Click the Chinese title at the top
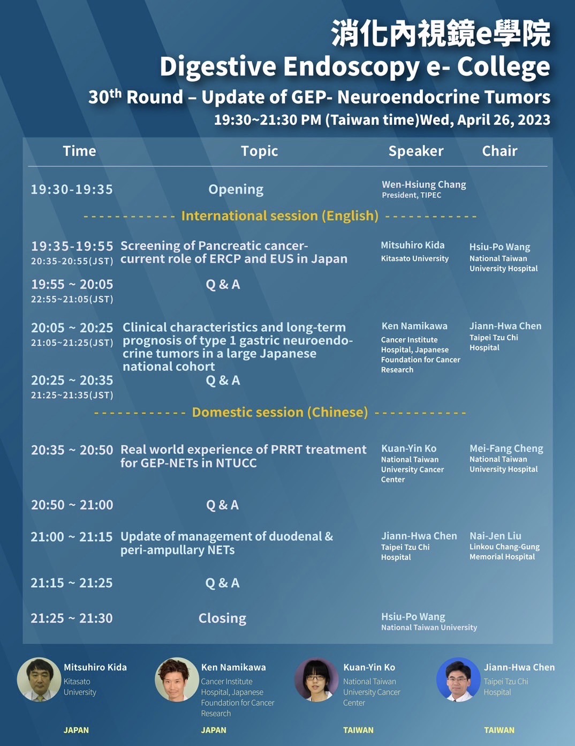point(441,33)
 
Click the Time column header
point(80,151)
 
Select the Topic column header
point(260,151)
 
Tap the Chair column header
point(500,151)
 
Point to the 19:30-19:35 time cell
point(72,189)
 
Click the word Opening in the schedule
point(236,190)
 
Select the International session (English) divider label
point(280,216)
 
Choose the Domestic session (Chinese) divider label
point(280,412)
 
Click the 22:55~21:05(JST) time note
point(72,299)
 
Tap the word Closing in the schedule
point(222,618)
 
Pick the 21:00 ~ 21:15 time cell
point(72,536)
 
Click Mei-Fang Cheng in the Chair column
point(506,449)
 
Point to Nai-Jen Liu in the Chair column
point(495,535)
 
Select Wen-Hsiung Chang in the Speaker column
point(424,184)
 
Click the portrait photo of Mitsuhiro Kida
point(39,680)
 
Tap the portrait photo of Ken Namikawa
point(177,680)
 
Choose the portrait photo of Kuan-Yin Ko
point(316,680)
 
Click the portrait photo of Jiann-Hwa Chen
point(458,680)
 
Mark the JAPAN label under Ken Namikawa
point(214,730)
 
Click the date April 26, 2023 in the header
point(504,120)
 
